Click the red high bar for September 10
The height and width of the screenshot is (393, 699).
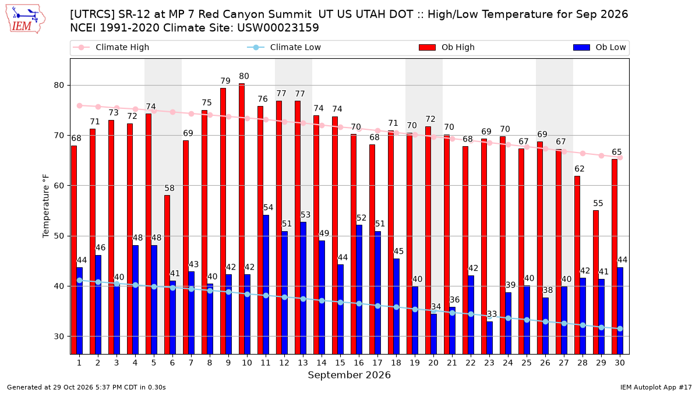click(242, 219)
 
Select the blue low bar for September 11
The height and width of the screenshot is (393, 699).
click(266, 285)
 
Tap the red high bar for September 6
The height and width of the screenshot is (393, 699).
click(167, 275)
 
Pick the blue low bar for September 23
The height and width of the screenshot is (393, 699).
click(490, 338)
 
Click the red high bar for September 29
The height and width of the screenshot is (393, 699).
click(596, 282)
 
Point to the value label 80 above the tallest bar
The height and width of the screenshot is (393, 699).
click(244, 76)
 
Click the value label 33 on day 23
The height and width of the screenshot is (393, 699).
click(492, 314)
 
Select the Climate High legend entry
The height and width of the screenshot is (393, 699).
click(111, 47)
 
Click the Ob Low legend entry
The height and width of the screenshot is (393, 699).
click(599, 47)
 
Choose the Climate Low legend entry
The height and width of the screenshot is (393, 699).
click(284, 47)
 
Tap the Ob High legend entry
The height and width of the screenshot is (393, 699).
click(447, 47)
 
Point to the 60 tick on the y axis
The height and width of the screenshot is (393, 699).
click(59, 186)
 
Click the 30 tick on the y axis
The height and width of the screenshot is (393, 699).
click(59, 337)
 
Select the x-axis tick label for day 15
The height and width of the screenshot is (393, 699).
click(340, 363)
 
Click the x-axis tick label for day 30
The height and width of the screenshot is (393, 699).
click(620, 363)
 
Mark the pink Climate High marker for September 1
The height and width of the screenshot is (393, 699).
click(80, 106)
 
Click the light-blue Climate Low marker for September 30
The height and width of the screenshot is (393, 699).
click(620, 329)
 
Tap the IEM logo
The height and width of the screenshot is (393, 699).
click(25, 19)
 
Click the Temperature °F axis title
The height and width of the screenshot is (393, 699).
click(46, 206)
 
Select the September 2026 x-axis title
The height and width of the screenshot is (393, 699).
click(349, 375)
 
